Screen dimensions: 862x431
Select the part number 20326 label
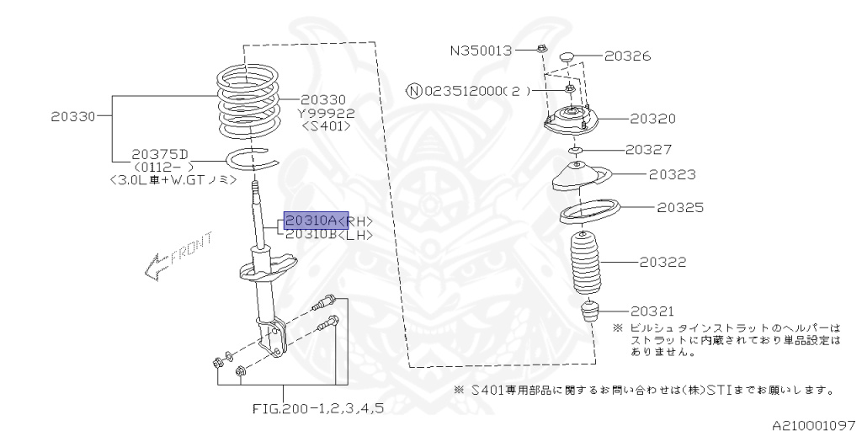627,56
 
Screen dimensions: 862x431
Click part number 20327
648,150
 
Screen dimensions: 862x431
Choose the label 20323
672,175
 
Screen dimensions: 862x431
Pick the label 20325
680,207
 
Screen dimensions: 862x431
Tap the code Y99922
327,113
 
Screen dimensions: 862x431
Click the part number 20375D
160,155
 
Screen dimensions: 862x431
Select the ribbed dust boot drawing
589,263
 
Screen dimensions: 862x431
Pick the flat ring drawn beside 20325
589,211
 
